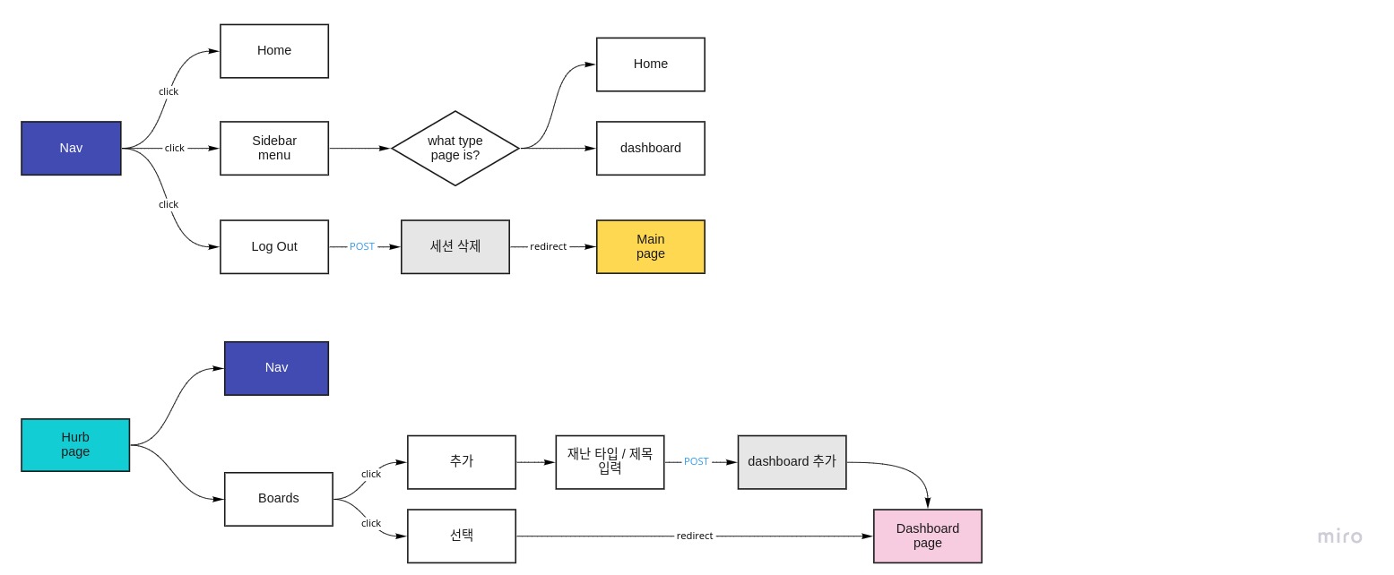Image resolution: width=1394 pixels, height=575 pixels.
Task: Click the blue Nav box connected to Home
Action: tap(71, 148)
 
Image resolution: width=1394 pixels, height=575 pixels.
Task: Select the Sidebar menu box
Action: tap(274, 148)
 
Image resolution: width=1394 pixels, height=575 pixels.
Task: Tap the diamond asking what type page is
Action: tap(455, 148)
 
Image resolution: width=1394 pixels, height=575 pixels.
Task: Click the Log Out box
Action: tap(274, 246)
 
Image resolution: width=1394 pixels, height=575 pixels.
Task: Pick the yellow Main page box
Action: tap(651, 246)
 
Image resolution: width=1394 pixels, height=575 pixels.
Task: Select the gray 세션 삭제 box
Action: tap(455, 246)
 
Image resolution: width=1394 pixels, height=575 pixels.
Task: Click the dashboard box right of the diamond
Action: tap(651, 148)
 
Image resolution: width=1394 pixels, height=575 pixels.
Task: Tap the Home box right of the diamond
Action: tap(651, 64)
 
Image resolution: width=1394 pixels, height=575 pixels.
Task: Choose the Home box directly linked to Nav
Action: tap(274, 51)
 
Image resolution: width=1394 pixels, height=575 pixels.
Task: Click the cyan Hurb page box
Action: tap(75, 445)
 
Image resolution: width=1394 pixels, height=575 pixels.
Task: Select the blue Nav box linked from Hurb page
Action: tap(276, 368)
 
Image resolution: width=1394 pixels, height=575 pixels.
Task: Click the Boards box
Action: tap(279, 499)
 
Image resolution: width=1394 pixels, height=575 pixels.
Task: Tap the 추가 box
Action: tap(462, 462)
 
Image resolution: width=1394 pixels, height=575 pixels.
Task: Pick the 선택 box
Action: tap(462, 536)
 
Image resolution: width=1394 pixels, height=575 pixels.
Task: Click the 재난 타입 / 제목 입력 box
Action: tap(610, 462)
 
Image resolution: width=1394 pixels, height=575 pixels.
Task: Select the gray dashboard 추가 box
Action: tap(792, 462)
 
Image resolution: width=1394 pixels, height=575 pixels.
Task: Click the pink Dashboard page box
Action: tap(928, 536)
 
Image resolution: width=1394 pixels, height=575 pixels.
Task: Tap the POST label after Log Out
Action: tap(362, 246)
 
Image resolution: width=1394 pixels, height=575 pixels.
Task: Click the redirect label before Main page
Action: tap(548, 246)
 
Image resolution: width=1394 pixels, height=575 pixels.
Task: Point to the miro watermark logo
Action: tap(1339, 536)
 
